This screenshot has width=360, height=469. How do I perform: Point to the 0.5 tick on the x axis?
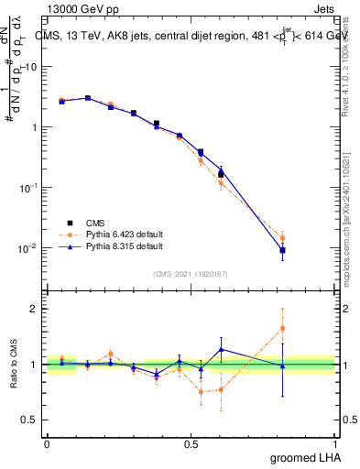pos(191,442)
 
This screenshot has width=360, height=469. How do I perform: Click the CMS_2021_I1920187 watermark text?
pos(191,273)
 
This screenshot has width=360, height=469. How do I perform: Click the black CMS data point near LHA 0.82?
pos(283,250)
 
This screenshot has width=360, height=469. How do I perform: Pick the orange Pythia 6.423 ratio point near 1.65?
pos(283,328)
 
